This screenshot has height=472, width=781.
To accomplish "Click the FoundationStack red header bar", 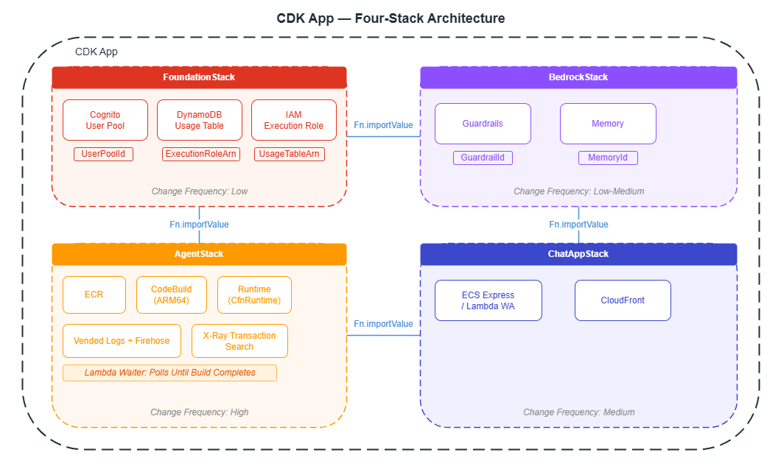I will coord(199,77).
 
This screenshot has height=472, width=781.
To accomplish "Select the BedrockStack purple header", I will coord(578,77).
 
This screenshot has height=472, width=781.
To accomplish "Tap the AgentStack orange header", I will coord(199,254).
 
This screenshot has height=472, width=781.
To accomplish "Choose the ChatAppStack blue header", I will coord(578,254).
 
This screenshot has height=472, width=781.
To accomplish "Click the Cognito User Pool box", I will coord(105,120).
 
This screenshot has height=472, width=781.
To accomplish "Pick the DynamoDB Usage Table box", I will coord(199,120).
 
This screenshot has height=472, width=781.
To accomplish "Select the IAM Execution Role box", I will coord(293,120).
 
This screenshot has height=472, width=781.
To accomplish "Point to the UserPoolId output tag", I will coord(103,154).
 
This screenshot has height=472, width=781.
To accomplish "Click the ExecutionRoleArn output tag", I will coord(201,154).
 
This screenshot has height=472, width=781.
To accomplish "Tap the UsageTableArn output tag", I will coord(290,154).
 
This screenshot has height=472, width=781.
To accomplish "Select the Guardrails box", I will coord(483,124).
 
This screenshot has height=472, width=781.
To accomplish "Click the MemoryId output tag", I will coord(608,158).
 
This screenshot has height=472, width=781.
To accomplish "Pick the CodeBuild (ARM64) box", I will coord(172,295).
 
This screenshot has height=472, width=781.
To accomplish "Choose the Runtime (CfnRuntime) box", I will coord(254,295).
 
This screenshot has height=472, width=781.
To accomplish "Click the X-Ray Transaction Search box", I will coord(239,341).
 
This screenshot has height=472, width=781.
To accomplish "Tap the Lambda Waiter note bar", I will coord(169,373).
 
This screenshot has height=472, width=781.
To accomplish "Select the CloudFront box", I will coord(623,300).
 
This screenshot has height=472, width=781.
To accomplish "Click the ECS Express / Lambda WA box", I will coord(488,300).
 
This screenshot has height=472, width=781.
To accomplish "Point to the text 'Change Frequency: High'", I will coord(199,412).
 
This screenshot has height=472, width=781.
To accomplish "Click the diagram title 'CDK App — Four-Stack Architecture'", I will coord(390,18).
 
